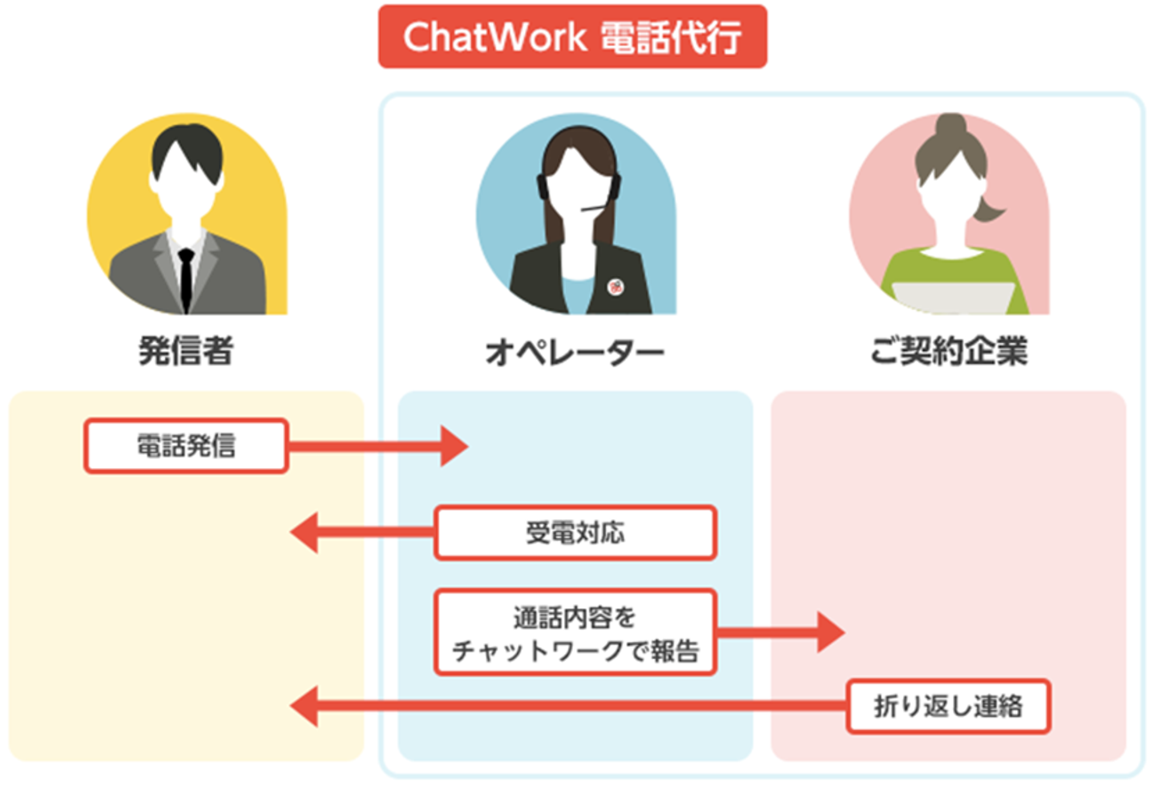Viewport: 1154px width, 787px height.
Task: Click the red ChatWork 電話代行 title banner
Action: (x=572, y=37)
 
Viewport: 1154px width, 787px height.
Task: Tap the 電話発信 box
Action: (x=186, y=446)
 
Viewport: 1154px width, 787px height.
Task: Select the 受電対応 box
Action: (x=575, y=533)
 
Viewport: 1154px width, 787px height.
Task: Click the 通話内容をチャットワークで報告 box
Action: (x=575, y=632)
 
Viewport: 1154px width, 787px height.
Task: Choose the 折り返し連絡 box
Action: (x=948, y=706)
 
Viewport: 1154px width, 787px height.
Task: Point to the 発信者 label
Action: (x=186, y=351)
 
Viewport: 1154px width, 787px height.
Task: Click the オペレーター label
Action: (x=575, y=352)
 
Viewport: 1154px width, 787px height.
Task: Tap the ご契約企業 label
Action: (x=949, y=351)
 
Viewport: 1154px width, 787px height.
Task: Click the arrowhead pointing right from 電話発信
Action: (x=454, y=446)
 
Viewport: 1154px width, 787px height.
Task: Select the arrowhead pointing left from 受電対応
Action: (x=305, y=533)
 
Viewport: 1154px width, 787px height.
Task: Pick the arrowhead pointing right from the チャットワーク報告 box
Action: (x=831, y=632)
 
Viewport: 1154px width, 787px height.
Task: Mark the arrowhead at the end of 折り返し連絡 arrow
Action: (x=305, y=706)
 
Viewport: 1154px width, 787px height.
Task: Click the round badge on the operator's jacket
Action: (x=616, y=287)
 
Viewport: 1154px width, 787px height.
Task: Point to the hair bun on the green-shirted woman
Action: (x=950, y=125)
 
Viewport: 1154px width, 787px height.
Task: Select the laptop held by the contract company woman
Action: (x=954, y=297)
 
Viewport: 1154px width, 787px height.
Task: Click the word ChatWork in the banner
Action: (x=494, y=37)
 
